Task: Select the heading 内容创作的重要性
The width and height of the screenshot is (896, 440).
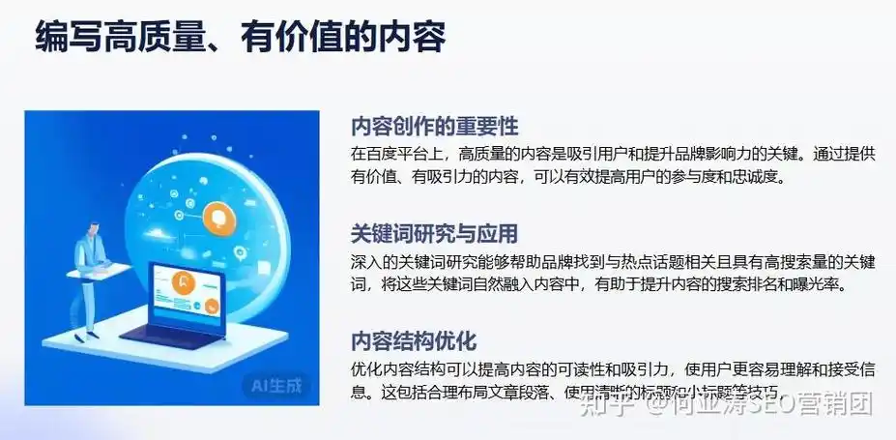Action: coord(435,127)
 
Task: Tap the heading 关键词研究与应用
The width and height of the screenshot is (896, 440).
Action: coord(435,234)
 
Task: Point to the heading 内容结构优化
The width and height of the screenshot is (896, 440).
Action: coord(414,341)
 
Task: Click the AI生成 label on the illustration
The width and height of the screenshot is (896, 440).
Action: coord(276,386)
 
